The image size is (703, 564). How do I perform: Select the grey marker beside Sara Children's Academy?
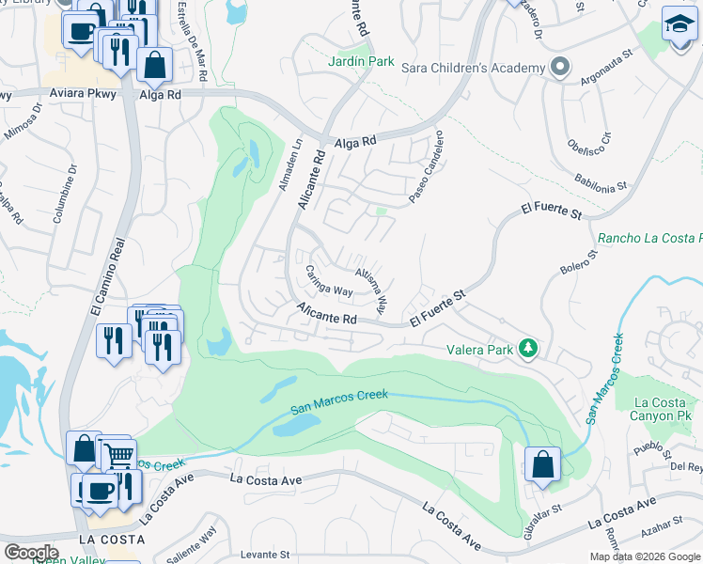pos(560,67)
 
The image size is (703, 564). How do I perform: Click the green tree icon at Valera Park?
pos(528,350)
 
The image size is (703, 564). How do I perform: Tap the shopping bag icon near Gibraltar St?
pos(542,463)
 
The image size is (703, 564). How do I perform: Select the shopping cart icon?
pos(117,456)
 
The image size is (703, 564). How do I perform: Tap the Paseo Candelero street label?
pos(426,167)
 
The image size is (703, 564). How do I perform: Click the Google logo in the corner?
pos(30,552)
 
